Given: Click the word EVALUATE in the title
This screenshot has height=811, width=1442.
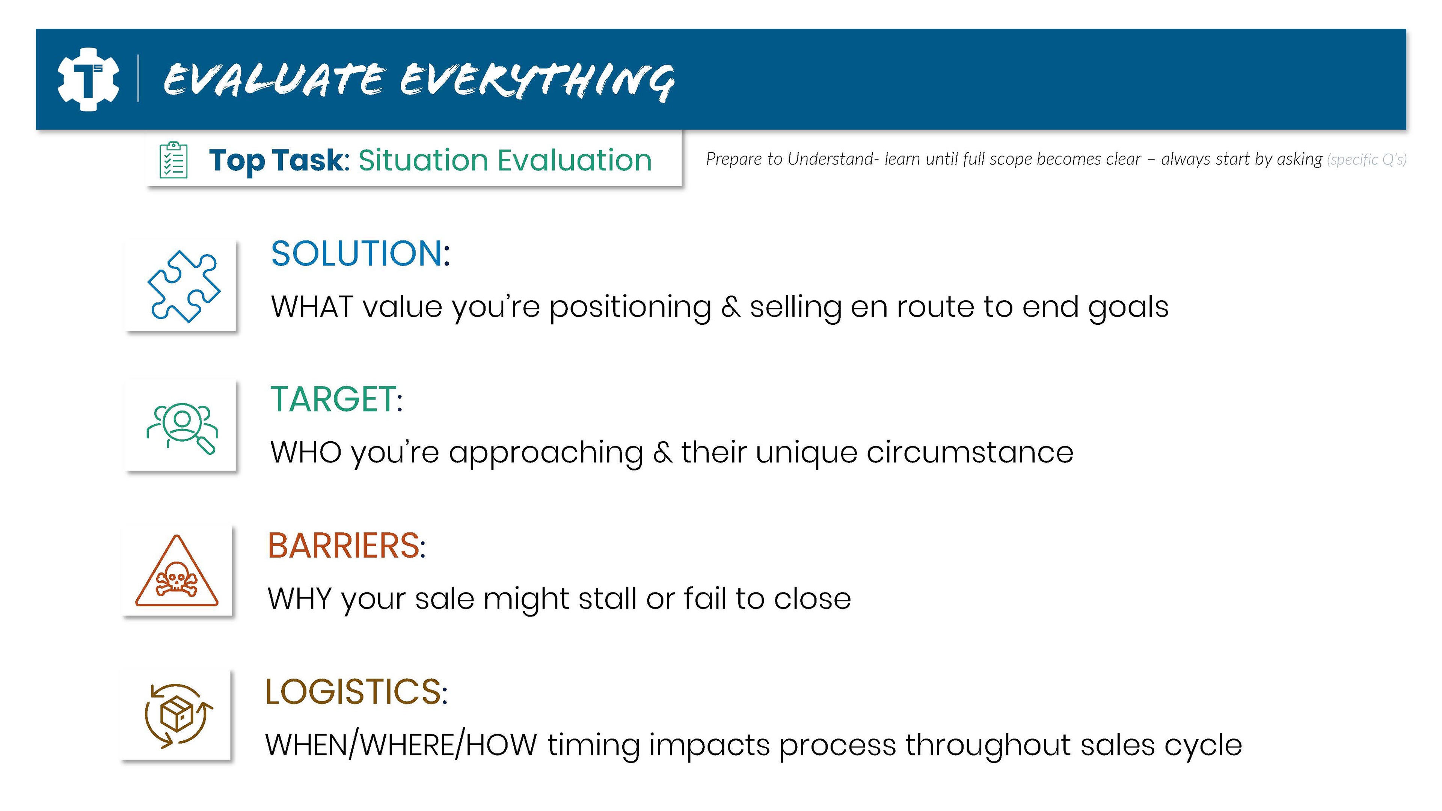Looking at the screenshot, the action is tap(274, 80).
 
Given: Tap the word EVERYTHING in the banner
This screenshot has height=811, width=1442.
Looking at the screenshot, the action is tap(537, 81).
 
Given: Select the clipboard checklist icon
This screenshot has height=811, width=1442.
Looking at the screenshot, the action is tap(173, 160).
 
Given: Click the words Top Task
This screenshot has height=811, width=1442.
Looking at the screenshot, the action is tap(275, 161).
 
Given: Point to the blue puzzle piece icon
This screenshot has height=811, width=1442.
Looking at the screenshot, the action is tap(184, 286).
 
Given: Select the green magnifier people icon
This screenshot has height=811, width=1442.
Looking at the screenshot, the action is tap(182, 428).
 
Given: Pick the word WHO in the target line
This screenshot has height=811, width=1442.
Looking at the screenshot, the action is tap(306, 452).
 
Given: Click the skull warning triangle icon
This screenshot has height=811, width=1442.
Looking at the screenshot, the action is tap(176, 570).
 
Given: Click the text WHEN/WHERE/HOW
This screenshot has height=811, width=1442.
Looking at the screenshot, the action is tap(401, 745).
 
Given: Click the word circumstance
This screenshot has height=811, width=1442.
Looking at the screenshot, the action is tap(970, 452).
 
